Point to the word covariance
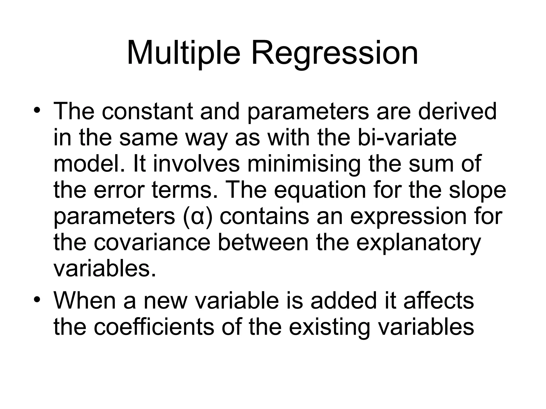152,243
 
